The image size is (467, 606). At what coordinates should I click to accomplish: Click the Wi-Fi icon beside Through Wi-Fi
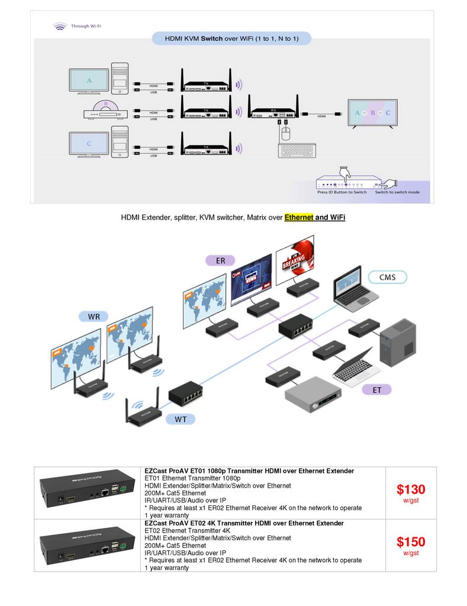point(60,26)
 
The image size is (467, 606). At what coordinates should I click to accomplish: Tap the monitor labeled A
point(89,81)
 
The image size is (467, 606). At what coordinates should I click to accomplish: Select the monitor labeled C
point(89,144)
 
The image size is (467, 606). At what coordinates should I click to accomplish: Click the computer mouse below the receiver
point(285,134)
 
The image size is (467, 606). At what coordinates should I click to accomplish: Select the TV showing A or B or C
point(372,113)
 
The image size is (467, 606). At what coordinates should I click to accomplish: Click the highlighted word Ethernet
point(298,217)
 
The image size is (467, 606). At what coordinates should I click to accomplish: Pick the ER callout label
point(220,260)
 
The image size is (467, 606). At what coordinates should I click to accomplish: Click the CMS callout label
point(387,276)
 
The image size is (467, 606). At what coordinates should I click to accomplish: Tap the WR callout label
point(94,317)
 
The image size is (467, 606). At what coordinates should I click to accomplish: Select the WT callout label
point(183,420)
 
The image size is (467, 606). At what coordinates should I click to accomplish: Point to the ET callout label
point(376,390)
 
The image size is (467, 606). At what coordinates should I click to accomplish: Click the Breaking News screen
point(294,259)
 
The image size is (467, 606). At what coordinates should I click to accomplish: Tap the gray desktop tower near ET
point(395,343)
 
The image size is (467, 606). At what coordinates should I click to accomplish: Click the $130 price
point(411,489)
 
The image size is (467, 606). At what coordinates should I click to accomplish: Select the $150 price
point(411,541)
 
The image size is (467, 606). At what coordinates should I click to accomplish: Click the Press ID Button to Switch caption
point(342,192)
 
